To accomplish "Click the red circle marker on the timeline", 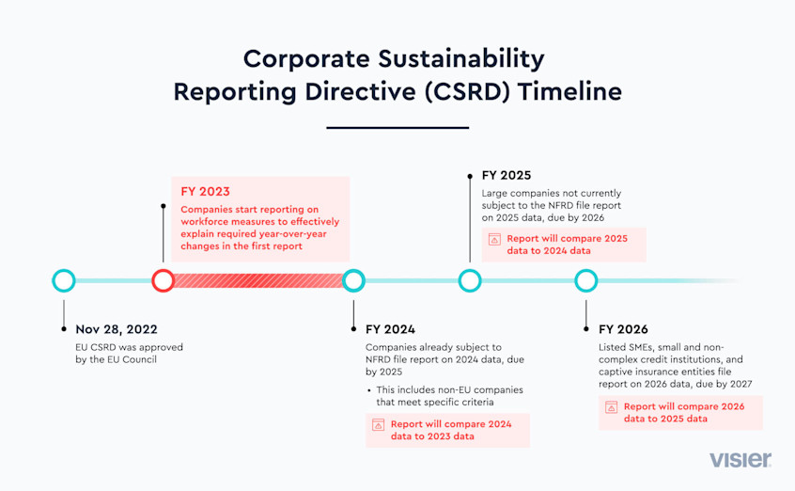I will click(x=163, y=280).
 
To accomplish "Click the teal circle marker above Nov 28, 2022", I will click(x=64, y=280).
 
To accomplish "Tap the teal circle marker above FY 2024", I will click(x=353, y=280).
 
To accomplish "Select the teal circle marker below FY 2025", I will click(x=470, y=280).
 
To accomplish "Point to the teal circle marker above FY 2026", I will click(x=586, y=280).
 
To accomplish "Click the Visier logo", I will click(x=740, y=460).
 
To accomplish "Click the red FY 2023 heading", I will click(x=205, y=191).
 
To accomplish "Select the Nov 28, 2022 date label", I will click(x=117, y=329).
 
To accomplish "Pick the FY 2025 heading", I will click(x=507, y=175).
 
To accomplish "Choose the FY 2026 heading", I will click(x=623, y=329).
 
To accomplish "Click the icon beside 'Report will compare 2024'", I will click(x=379, y=425).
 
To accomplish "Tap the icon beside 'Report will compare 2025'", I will click(x=494, y=240).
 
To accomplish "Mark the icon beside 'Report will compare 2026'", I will click(x=612, y=407).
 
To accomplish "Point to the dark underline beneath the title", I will click(x=397, y=127).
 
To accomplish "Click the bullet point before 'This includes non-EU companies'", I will click(x=369, y=390).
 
